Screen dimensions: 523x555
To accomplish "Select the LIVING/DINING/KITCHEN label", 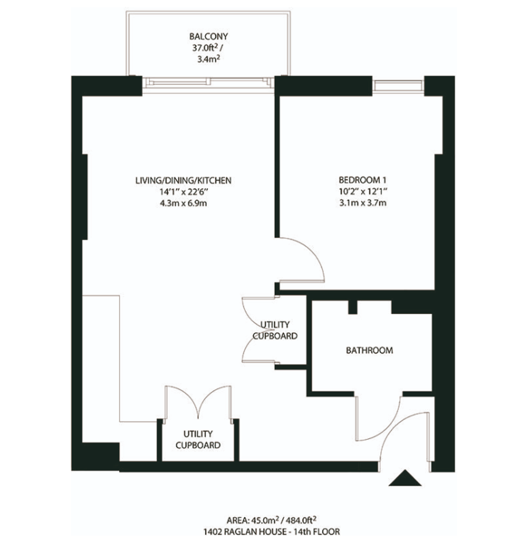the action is point(183,180).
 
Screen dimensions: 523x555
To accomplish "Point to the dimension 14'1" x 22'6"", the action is point(183,192).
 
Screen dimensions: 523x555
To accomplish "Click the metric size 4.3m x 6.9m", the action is point(183,203).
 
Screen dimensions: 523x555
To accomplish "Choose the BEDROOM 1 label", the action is point(363,180).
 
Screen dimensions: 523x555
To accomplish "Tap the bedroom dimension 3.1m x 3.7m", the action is point(363,203).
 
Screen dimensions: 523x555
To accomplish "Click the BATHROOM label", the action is point(369,350).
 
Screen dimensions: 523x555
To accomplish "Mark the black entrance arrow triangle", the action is point(405,478).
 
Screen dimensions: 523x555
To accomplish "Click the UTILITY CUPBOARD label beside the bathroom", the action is point(275,330).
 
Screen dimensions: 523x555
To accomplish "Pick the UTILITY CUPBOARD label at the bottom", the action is point(198,439).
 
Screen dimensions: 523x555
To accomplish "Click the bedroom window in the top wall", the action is point(398,86).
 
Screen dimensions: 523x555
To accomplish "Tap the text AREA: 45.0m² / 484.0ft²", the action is point(271,519).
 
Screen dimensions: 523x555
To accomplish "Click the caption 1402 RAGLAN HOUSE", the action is point(245,531).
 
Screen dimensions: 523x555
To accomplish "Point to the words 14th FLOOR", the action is point(317,531).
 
